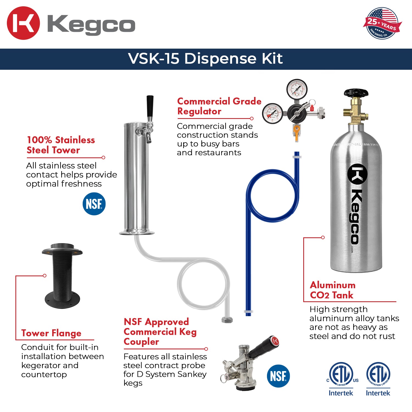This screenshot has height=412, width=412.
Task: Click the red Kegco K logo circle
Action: (x=23, y=23)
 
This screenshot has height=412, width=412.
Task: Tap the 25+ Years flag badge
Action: (x=382, y=23)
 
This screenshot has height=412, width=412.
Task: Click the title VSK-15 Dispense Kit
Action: (x=205, y=59)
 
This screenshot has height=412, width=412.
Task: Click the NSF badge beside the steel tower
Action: (x=94, y=204)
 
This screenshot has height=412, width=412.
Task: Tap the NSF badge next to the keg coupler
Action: (x=278, y=376)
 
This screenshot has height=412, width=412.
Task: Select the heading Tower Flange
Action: (x=51, y=333)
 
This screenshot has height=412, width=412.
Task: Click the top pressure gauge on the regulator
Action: (x=297, y=89)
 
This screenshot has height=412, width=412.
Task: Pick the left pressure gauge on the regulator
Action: (x=272, y=113)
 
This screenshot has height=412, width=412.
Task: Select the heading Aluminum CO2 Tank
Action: (x=333, y=290)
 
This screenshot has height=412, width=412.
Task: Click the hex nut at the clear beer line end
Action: (x=227, y=320)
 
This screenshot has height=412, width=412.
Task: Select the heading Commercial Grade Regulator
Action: (x=219, y=106)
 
